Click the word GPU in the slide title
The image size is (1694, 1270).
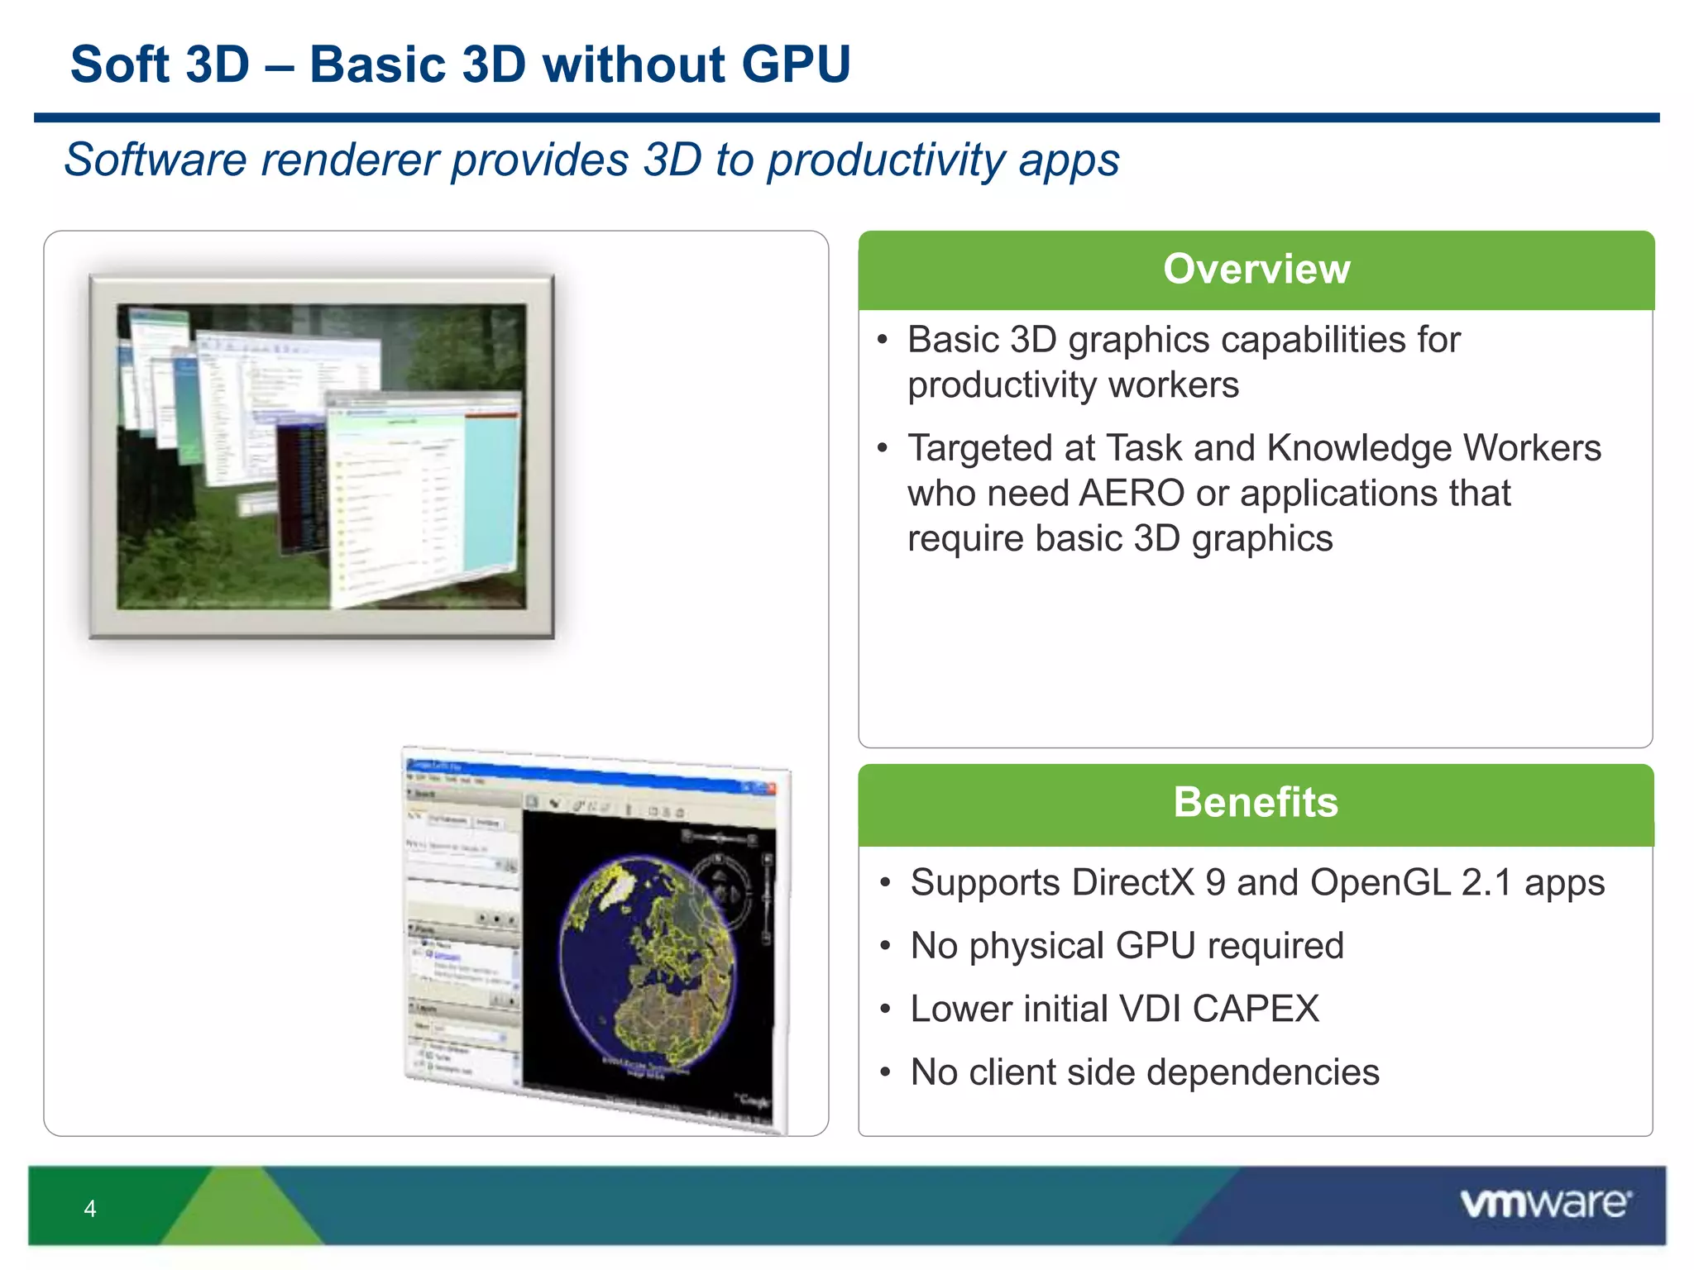[795, 64]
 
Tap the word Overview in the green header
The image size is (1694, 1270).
[1256, 269]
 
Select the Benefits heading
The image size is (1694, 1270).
[1256, 802]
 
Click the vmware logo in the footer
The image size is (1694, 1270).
[1545, 1203]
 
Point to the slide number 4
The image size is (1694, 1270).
[90, 1209]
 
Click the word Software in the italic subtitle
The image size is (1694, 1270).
[156, 160]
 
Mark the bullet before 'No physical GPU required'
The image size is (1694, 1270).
[885, 946]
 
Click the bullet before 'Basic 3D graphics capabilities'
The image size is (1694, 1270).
[883, 340]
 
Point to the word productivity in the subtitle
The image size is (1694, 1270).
[885, 160]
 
